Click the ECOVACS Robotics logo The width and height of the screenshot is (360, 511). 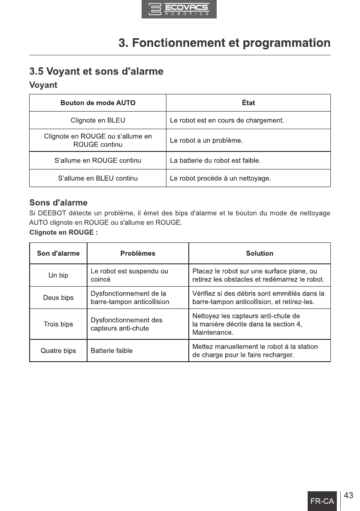(179, 9)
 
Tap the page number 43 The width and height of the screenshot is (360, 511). (348, 496)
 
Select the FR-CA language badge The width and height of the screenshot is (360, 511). (322, 501)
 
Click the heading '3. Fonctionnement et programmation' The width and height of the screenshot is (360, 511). (224, 43)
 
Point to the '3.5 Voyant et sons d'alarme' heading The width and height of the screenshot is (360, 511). (96, 71)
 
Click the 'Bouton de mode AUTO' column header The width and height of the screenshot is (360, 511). (98, 103)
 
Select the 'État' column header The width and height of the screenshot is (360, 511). (248, 103)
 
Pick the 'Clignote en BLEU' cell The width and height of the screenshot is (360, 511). (98, 120)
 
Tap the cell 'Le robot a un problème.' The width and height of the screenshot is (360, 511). (206, 140)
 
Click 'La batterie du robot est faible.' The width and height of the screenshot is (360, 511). (215, 161)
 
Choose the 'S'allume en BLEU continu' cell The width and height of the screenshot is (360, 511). (98, 178)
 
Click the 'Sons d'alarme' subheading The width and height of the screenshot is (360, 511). (58, 202)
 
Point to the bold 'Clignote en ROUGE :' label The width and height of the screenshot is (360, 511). (64, 232)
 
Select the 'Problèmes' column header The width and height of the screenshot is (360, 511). (138, 253)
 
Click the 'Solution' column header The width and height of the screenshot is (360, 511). (260, 253)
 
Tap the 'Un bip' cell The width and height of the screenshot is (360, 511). (58, 275)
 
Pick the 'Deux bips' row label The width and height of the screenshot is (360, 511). (58, 298)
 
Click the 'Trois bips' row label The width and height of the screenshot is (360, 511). (58, 324)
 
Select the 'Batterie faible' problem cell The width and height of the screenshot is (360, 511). (112, 351)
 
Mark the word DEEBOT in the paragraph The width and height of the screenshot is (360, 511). (51, 213)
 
